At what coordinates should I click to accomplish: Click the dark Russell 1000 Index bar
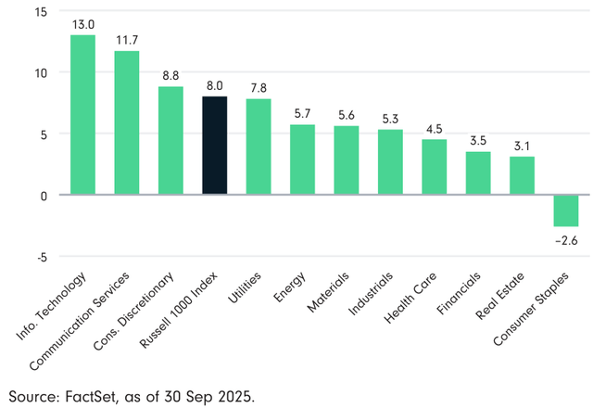click(214, 146)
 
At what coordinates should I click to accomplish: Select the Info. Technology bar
click(82, 115)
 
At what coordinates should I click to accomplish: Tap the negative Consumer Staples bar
click(565, 210)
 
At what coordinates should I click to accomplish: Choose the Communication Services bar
click(127, 123)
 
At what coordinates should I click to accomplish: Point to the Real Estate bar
click(522, 175)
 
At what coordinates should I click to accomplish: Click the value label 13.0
click(82, 23)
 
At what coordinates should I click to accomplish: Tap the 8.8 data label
click(170, 74)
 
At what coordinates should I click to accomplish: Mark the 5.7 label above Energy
click(302, 112)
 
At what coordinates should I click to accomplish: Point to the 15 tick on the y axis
click(42, 12)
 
